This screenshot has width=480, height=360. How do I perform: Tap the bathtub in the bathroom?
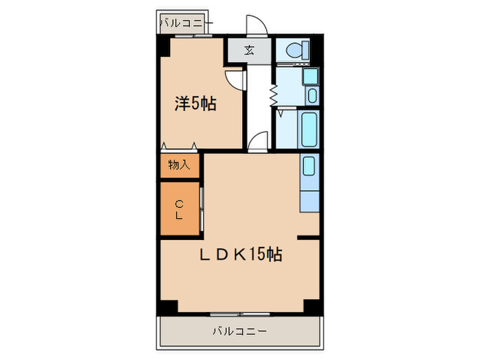pos(309,130)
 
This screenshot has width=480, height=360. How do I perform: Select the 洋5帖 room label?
pos(195,104)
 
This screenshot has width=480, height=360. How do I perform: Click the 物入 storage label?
pos(179,165)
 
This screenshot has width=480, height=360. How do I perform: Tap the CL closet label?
pos(179,210)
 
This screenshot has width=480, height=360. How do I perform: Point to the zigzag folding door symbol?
pos(273,95)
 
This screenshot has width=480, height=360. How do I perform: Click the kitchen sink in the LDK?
pos(309,167)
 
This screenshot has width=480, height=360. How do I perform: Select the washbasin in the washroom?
pos(312,95)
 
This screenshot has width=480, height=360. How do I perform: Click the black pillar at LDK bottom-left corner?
pos(165,307)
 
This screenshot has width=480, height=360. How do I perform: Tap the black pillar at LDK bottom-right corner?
pos(313,307)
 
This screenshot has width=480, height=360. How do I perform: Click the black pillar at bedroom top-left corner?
pos(164,47)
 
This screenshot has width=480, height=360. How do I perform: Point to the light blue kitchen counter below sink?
pos(309,200)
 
